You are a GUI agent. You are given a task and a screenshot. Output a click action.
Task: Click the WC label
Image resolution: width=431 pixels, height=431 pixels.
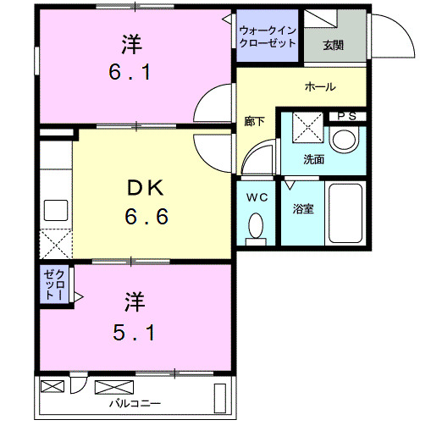tap(257, 196)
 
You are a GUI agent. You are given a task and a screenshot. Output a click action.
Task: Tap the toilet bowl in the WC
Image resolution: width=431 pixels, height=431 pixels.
tap(257, 226)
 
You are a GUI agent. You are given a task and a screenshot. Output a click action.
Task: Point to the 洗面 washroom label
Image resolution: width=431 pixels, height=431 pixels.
tap(314, 158)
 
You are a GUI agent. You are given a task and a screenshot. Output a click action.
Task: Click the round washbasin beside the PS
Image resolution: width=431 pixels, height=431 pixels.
tap(345, 140)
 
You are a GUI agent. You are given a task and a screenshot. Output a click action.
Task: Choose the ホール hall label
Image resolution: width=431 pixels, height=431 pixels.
tap(320, 86)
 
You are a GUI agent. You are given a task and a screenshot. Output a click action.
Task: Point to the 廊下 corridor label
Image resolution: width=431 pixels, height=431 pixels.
tap(254, 122)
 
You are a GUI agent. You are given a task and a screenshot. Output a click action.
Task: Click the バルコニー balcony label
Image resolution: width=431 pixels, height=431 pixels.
tap(135, 402)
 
